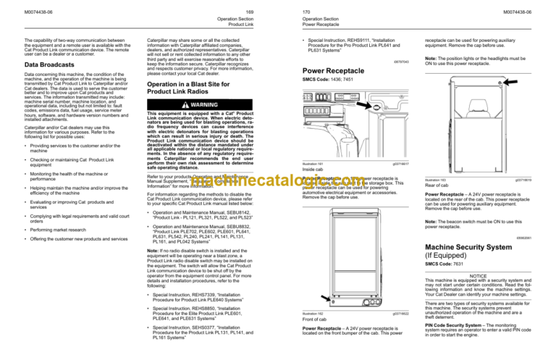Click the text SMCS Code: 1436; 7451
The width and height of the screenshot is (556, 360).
(x=320, y=80)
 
